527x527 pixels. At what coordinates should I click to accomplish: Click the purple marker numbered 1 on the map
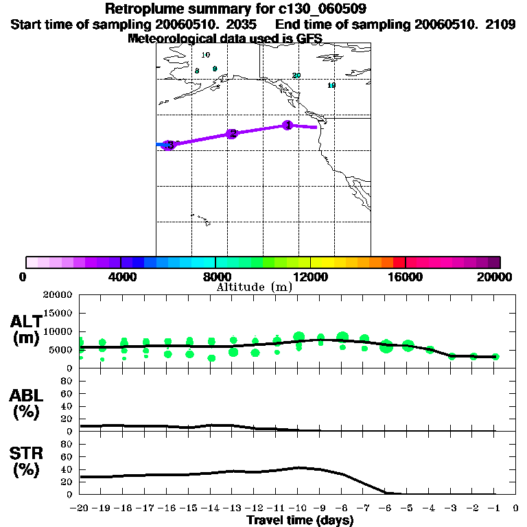[x=288, y=125]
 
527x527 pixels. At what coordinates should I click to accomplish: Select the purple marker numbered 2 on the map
[x=232, y=133]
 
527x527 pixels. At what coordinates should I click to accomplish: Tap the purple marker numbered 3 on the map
[x=169, y=145]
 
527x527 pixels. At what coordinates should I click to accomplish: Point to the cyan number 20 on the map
[x=296, y=75]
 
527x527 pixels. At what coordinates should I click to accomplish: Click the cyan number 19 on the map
[x=331, y=86]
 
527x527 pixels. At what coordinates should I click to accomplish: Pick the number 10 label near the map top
[x=205, y=55]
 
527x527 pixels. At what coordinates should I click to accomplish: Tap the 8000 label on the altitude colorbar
[x=215, y=277]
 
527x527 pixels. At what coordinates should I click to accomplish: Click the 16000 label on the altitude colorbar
[x=406, y=277]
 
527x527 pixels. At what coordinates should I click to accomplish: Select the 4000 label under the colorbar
[x=121, y=277]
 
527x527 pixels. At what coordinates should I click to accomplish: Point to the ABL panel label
[x=27, y=402]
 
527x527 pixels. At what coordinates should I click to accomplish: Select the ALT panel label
[x=27, y=329]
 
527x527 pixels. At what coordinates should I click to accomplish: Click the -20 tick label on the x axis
[x=80, y=508]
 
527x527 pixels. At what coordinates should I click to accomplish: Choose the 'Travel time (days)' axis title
[x=300, y=520]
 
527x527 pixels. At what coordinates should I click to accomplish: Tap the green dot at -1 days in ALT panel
[x=495, y=357]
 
